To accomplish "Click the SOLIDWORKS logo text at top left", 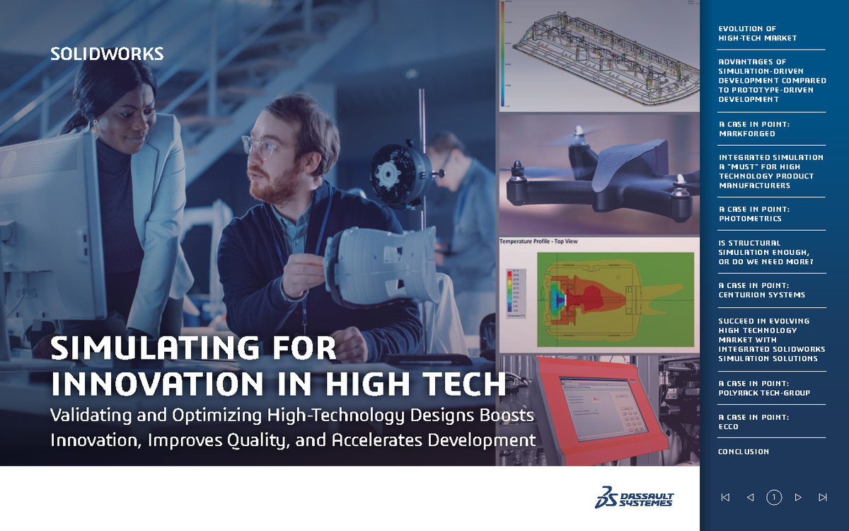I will click(x=107, y=54).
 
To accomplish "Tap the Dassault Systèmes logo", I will click(x=634, y=498).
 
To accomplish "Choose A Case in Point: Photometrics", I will click(x=754, y=214).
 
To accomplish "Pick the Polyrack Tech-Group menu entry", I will click(x=764, y=388).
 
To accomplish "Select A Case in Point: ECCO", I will click(x=753, y=422).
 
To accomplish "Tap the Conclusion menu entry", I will click(x=743, y=452).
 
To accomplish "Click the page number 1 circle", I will click(x=774, y=498).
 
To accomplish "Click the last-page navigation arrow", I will click(x=822, y=498).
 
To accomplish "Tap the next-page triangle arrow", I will click(x=798, y=498).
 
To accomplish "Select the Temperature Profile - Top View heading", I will click(x=539, y=241).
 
